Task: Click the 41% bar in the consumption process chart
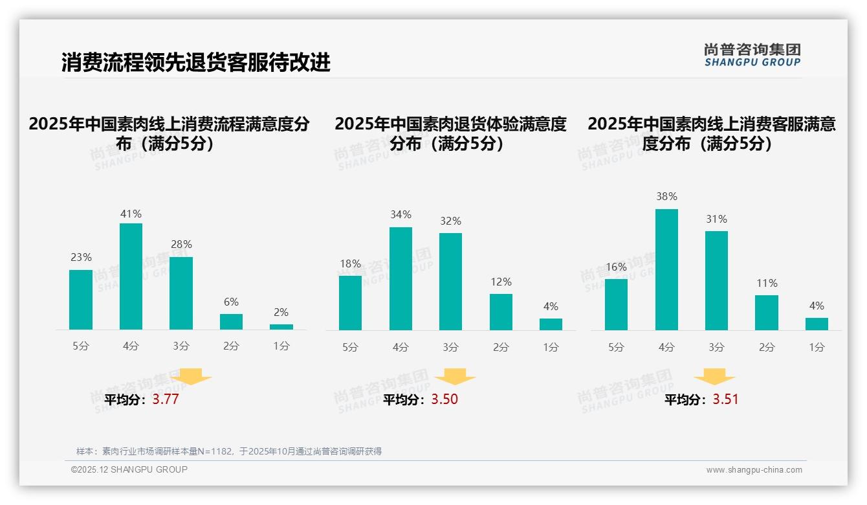pos(131,276)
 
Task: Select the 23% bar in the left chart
pos(81,300)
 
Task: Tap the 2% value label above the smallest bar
pos(281,312)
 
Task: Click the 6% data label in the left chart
pos(231,302)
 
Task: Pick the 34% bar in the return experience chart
pos(401,278)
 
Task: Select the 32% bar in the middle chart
pos(450,282)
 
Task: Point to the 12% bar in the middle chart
pos(501,312)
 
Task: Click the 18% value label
pos(350,264)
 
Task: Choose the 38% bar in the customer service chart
pos(666,269)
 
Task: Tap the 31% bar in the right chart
pos(716,280)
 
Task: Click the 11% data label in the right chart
pos(767,283)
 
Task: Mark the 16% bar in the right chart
pos(616,304)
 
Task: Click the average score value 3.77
pos(166,399)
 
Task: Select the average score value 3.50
pos(444,399)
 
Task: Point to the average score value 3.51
pos(725,399)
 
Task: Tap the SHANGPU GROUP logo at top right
pos(752,55)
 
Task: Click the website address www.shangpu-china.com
pos(754,470)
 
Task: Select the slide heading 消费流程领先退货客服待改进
pos(196,63)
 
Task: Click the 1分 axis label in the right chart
pos(817,347)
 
